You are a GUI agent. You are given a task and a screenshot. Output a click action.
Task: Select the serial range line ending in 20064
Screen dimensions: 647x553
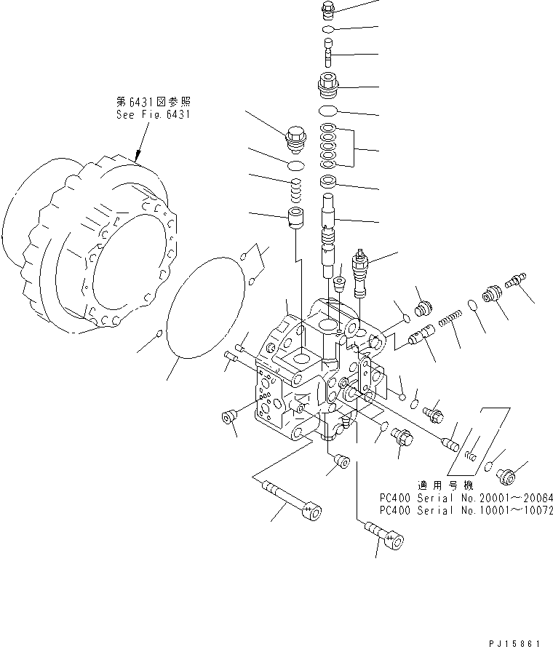tap(466, 498)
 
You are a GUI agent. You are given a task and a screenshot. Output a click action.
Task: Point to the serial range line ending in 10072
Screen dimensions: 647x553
tap(466, 510)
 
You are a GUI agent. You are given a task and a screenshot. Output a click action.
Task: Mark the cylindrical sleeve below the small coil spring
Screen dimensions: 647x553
tap(295, 218)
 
